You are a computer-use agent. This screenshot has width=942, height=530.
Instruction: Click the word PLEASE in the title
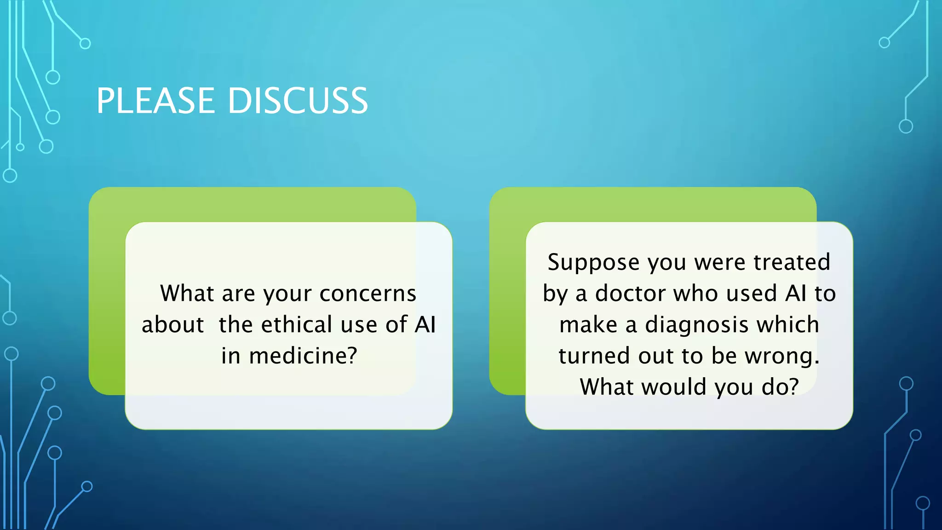(155, 101)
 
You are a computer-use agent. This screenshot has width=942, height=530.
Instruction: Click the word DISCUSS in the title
(298, 101)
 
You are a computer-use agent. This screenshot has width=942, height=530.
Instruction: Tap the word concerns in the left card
(368, 294)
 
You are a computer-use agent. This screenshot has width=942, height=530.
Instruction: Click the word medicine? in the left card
(303, 356)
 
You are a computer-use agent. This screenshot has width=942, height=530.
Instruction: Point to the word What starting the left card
(187, 294)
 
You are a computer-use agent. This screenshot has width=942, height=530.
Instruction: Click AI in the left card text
(425, 324)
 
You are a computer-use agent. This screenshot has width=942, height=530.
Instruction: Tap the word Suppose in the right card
(593, 262)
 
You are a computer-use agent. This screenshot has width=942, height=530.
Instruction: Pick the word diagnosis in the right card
(697, 324)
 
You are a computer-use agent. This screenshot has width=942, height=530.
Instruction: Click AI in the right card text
(796, 294)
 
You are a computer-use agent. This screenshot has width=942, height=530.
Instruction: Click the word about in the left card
(172, 324)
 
